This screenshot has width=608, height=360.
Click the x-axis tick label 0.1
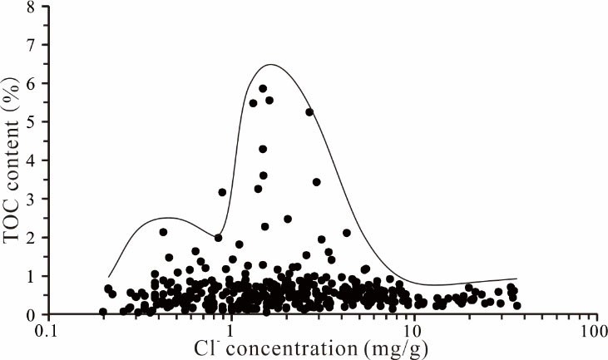pyautogui.click(x=49, y=330)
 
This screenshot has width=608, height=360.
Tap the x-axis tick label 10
pyautogui.click(x=413, y=330)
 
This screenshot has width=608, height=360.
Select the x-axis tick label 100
pyautogui.click(x=596, y=330)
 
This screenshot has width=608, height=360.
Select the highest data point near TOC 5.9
pyautogui.click(x=263, y=88)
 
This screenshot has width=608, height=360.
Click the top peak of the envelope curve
pyautogui.click(x=272, y=65)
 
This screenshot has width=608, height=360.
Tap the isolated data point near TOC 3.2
pyautogui.click(x=222, y=192)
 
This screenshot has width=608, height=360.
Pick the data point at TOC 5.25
pyautogui.click(x=309, y=111)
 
